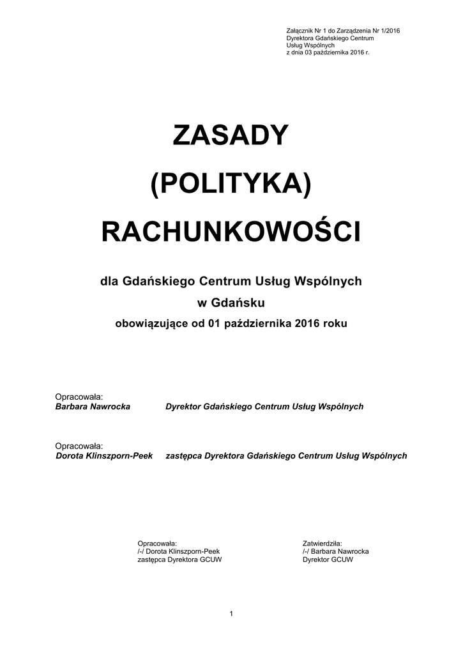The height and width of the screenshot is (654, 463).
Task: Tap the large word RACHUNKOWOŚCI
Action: coord(231,232)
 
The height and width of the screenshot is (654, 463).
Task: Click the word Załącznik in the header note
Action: coord(300,31)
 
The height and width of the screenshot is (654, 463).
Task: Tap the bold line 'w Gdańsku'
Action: coord(231,302)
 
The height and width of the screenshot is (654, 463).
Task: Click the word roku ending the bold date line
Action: coord(335,323)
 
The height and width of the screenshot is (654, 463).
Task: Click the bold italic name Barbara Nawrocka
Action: coord(93,407)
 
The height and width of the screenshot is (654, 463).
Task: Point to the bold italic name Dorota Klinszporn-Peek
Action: coord(104,457)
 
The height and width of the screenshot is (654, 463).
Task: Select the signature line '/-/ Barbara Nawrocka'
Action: coord(335,551)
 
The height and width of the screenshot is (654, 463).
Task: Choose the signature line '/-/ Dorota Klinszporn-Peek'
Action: coord(178,551)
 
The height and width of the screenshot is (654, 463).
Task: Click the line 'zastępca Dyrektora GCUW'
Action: coord(179,559)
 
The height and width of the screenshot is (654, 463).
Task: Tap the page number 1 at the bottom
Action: coord(231,614)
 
